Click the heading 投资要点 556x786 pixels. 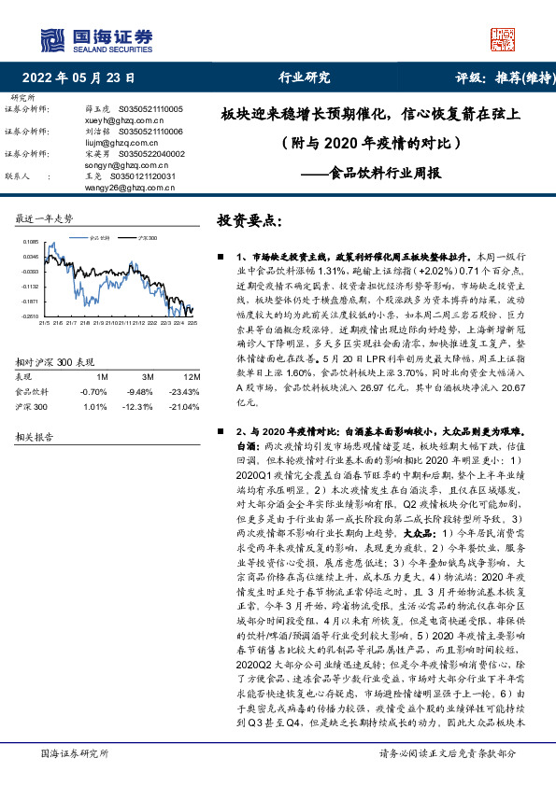(249, 221)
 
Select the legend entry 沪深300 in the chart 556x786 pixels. (147, 238)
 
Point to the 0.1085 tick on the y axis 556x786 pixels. (32, 242)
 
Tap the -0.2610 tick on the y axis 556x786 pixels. (32, 316)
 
